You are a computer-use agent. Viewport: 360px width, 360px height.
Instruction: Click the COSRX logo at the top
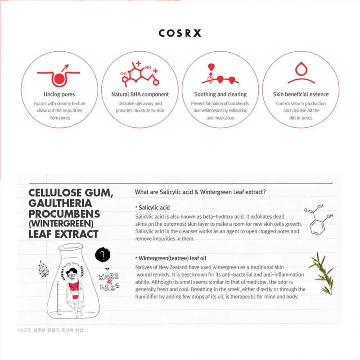(180, 33)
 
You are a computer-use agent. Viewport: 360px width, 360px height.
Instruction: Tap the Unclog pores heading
(59, 94)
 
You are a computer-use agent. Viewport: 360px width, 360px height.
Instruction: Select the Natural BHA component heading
(140, 94)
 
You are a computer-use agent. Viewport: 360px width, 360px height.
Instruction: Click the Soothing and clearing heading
(220, 94)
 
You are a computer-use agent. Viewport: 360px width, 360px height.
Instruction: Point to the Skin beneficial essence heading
(301, 94)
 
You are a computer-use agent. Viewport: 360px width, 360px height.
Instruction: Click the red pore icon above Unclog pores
(59, 76)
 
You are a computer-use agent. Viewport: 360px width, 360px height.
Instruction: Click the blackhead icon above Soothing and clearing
(220, 75)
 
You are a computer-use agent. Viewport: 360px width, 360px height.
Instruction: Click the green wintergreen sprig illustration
(322, 272)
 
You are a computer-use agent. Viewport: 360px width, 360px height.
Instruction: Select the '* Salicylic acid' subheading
(152, 207)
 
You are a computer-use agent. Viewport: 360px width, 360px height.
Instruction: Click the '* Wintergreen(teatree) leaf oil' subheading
(171, 258)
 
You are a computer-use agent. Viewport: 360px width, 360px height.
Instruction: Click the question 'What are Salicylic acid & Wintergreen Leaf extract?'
(200, 192)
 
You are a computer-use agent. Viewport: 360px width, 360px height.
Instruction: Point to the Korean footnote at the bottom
(50, 330)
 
